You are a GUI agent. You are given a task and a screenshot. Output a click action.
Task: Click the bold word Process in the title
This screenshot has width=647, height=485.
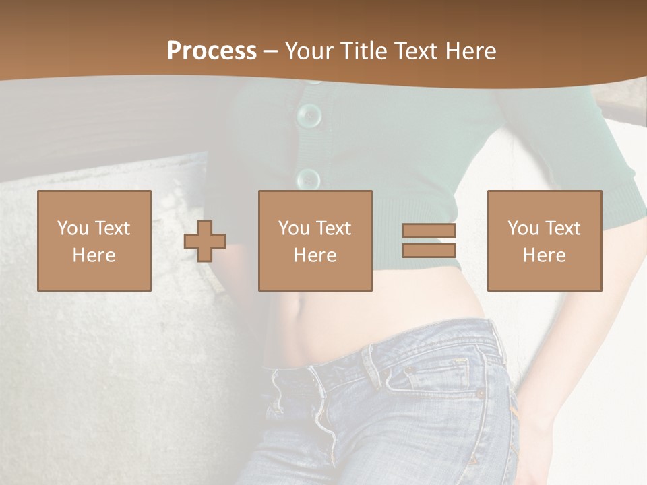[x=212, y=51]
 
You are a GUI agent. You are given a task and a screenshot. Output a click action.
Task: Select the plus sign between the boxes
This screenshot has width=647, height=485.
[x=205, y=241]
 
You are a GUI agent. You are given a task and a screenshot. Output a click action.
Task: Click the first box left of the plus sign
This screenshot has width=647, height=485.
[x=94, y=240]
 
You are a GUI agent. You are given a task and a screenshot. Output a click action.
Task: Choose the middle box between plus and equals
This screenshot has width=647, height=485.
[x=315, y=240]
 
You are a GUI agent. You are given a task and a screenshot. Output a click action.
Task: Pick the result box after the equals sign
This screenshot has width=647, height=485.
[x=544, y=240]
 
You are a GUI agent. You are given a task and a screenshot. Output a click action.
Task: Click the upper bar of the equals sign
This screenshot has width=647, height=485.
[x=429, y=230]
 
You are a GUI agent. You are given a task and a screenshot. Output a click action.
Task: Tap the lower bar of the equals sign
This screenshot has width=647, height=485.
[x=429, y=250]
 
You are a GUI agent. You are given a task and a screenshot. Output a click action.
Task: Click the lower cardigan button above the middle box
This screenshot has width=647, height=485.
[x=309, y=179]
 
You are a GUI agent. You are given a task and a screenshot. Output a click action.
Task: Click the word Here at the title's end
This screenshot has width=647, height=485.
[x=472, y=51]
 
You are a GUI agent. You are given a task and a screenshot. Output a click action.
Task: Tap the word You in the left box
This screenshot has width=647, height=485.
[x=72, y=228]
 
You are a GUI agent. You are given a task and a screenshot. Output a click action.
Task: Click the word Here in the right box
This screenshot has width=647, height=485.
[x=544, y=255]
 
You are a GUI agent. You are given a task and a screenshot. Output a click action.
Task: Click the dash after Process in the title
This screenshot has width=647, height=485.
[x=270, y=51]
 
